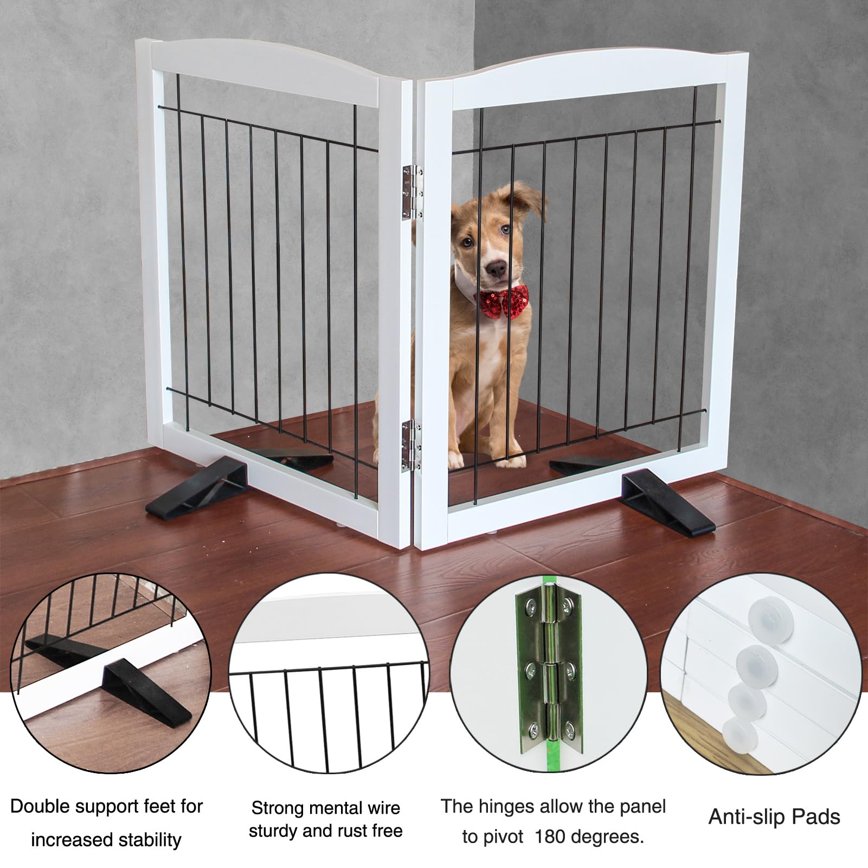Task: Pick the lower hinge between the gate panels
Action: click(410, 446)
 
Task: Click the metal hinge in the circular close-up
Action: click(548, 673)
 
